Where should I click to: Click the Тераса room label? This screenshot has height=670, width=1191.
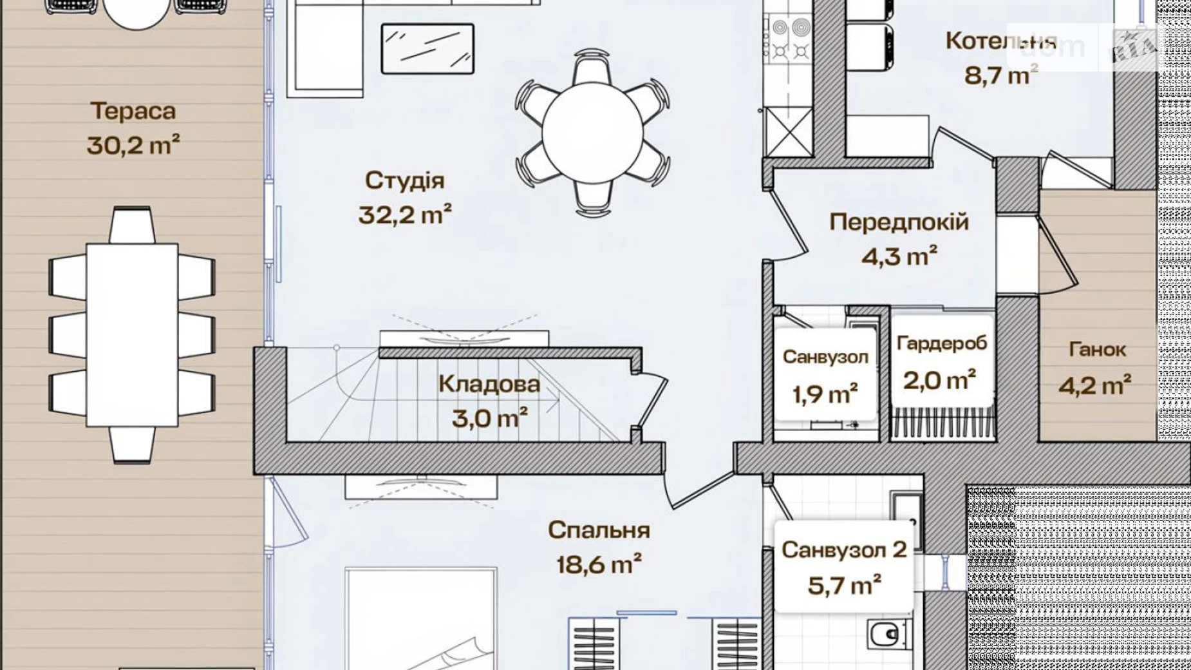(x=133, y=111)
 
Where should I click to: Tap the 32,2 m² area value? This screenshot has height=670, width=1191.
(x=405, y=214)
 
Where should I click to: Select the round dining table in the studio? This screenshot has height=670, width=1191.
(x=592, y=133)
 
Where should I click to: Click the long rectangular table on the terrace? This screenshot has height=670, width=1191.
(x=133, y=334)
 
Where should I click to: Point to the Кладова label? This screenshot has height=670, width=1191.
(x=489, y=384)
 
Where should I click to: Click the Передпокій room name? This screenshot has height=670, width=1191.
(x=899, y=222)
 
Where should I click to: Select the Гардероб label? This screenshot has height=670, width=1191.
(x=942, y=343)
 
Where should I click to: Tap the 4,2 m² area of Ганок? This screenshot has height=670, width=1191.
(x=1095, y=385)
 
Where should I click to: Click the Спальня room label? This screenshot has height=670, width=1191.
(x=599, y=530)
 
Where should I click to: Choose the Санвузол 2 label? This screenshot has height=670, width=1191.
(x=844, y=550)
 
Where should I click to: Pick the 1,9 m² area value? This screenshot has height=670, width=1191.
(x=825, y=394)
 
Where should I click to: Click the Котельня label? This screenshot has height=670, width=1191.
(x=1001, y=41)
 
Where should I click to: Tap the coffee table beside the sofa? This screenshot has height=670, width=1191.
(x=427, y=49)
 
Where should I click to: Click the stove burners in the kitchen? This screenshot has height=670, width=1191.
(x=791, y=39)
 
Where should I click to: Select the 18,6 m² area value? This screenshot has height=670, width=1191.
(x=599, y=564)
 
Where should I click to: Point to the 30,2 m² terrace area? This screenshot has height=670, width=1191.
(x=133, y=145)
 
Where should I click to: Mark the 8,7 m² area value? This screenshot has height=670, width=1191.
(x=1001, y=75)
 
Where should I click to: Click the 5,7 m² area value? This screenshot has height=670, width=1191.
(x=844, y=586)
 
